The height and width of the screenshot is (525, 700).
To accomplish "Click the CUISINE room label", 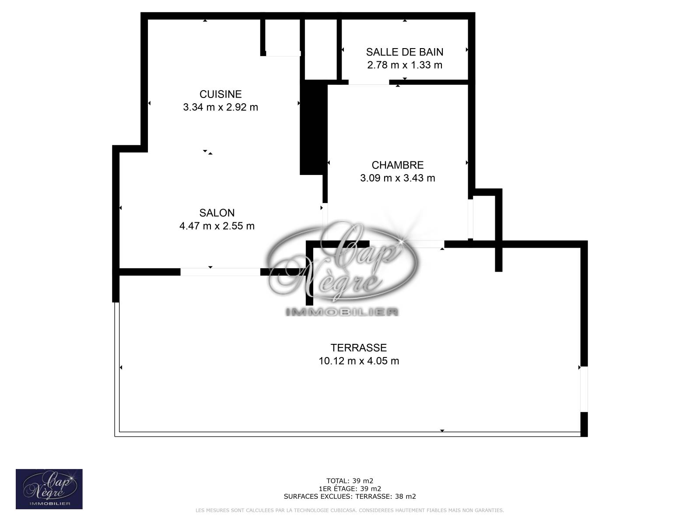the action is pyautogui.click(x=220, y=94).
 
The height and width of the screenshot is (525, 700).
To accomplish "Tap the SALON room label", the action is pyautogui.click(x=217, y=213).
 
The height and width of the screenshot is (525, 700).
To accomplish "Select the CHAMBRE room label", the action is pyautogui.click(x=398, y=165).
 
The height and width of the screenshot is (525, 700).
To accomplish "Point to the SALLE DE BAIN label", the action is pyautogui.click(x=405, y=52).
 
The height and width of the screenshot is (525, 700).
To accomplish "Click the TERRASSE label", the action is pyautogui.click(x=358, y=347).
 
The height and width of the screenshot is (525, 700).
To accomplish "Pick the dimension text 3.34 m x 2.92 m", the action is pyautogui.click(x=220, y=107).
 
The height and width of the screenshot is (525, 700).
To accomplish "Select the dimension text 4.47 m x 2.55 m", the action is pyautogui.click(x=217, y=226).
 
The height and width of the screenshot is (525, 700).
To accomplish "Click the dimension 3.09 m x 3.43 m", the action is pyautogui.click(x=398, y=178).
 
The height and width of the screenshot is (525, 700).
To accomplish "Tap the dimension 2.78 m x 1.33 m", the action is pyautogui.click(x=405, y=65).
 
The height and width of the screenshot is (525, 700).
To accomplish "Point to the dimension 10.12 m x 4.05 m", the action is pyautogui.click(x=359, y=361).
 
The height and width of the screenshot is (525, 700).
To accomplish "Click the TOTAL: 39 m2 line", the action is pyautogui.click(x=350, y=481).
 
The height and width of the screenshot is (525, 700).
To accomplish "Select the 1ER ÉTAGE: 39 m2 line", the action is pyautogui.click(x=350, y=489).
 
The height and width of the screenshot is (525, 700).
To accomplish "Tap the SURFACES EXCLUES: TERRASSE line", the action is pyautogui.click(x=350, y=496).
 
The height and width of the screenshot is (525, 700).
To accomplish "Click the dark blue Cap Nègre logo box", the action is pyautogui.click(x=49, y=489).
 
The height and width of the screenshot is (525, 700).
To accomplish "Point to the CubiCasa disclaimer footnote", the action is pyautogui.click(x=350, y=510).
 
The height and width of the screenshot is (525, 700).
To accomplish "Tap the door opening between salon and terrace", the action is pyautogui.click(x=220, y=272).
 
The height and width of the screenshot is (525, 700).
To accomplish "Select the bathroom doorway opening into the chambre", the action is pyautogui.click(x=369, y=82).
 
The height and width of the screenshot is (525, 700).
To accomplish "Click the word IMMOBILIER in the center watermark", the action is pyautogui.click(x=342, y=312).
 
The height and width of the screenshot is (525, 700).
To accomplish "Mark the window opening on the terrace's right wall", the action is pyautogui.click(x=584, y=389).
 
